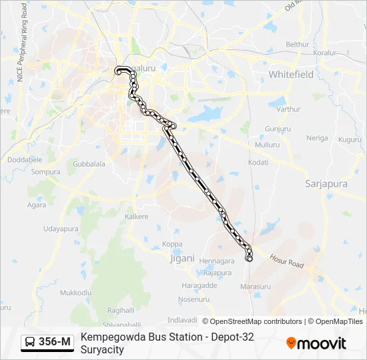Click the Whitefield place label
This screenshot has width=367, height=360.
[x=290, y=75]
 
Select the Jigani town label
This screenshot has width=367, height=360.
[x=181, y=257]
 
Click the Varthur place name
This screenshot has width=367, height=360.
[x=288, y=109]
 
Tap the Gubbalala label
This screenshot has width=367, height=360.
[x=89, y=163]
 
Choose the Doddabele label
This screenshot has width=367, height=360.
[x=25, y=160]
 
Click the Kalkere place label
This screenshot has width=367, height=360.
[x=137, y=217]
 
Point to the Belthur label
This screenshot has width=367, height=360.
[x=297, y=45]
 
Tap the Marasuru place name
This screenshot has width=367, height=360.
[x=255, y=287]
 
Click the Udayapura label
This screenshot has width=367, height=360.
[x=61, y=229]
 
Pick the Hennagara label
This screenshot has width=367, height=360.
[x=217, y=261]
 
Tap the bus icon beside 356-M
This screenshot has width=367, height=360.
[x=31, y=343]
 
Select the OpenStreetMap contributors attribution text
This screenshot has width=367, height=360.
[x=252, y=321]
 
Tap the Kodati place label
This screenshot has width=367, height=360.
[x=258, y=162]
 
